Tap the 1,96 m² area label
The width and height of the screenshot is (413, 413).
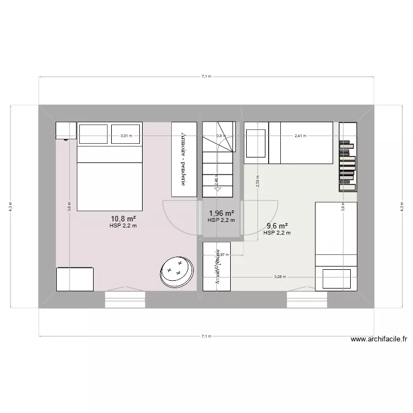[221, 214]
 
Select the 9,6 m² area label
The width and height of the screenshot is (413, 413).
[277, 226]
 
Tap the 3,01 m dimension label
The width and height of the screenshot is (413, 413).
[127, 135]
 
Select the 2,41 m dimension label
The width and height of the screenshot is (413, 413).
[301, 135]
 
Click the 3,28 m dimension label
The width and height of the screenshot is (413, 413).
[280, 277]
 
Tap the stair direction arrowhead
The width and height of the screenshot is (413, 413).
[218, 189]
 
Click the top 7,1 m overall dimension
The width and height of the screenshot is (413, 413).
[206, 77]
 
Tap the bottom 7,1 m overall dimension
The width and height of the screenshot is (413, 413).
[206, 335]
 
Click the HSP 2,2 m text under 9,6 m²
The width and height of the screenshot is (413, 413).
[277, 233]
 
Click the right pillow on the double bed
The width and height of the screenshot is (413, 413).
[126, 133]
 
